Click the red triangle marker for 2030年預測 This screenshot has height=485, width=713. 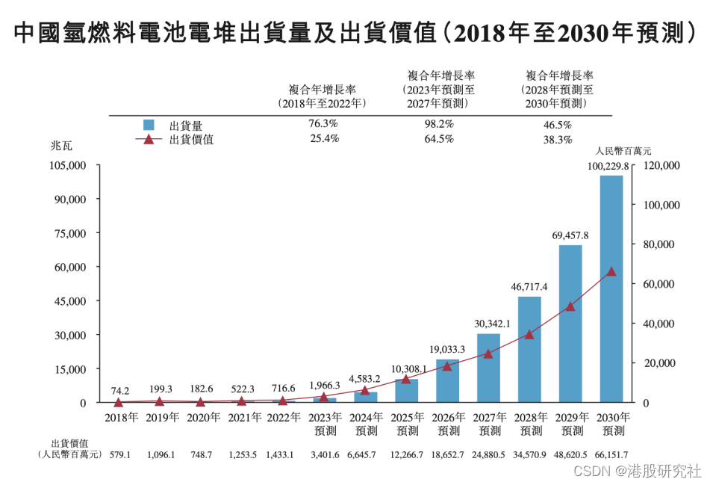click(x=611, y=272)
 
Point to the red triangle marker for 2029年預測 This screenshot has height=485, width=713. click(x=570, y=306)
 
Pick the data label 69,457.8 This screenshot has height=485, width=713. click(x=570, y=235)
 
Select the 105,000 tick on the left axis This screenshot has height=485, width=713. click(x=69, y=165)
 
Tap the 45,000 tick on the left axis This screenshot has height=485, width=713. click(x=72, y=301)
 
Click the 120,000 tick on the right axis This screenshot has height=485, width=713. click(x=661, y=165)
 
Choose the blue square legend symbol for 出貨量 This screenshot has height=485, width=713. click(x=149, y=125)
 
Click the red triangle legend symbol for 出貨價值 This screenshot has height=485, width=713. click(x=149, y=139)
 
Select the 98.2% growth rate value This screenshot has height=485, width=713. click(x=438, y=124)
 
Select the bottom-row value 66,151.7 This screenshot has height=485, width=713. click(x=611, y=454)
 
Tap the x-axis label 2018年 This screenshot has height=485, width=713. click(x=120, y=418)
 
